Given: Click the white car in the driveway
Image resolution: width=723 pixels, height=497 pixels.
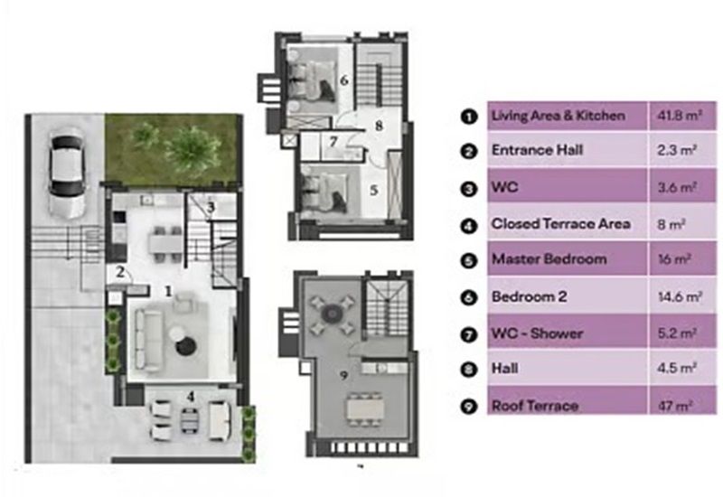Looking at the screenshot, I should [x=67, y=176].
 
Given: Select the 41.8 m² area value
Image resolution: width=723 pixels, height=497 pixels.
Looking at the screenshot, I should [x=675, y=116].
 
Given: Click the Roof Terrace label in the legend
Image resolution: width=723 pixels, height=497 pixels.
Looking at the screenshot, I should [x=534, y=405].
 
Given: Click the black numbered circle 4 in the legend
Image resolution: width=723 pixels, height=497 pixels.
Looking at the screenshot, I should [x=468, y=224].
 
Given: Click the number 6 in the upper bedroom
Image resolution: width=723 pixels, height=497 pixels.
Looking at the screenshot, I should [x=343, y=80].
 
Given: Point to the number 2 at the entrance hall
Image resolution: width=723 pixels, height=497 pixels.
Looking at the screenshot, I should [x=118, y=269].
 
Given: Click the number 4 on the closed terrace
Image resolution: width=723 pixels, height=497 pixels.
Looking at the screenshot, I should [x=190, y=394].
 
